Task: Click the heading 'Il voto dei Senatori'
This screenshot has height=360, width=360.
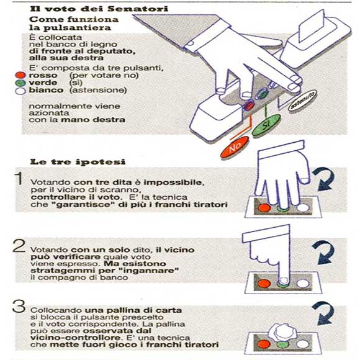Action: (x=99, y=9)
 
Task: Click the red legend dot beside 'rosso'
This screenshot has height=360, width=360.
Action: (x=20, y=75)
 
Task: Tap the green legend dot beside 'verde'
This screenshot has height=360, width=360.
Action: (x=20, y=83)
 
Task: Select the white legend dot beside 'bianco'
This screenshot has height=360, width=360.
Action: (x=20, y=91)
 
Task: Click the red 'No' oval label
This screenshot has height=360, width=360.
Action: (x=235, y=147)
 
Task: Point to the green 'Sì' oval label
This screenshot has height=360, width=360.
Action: (x=266, y=125)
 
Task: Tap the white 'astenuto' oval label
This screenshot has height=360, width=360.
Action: (x=302, y=101)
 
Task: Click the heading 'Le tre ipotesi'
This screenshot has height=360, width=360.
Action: (x=78, y=161)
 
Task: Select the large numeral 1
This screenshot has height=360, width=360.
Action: (x=19, y=178)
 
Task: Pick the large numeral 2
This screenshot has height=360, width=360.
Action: (x=19, y=246)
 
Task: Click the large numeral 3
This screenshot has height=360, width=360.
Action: (x=19, y=307)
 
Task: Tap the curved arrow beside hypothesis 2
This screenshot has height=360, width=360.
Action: (x=324, y=252)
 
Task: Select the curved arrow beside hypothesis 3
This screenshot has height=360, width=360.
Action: (x=324, y=313)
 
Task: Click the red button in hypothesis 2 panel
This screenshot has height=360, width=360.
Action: (x=264, y=283)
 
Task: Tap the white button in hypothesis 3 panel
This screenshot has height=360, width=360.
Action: (x=303, y=344)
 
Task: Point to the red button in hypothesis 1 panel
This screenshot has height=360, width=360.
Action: (x=264, y=208)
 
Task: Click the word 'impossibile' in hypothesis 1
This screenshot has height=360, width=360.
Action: (x=174, y=182)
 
